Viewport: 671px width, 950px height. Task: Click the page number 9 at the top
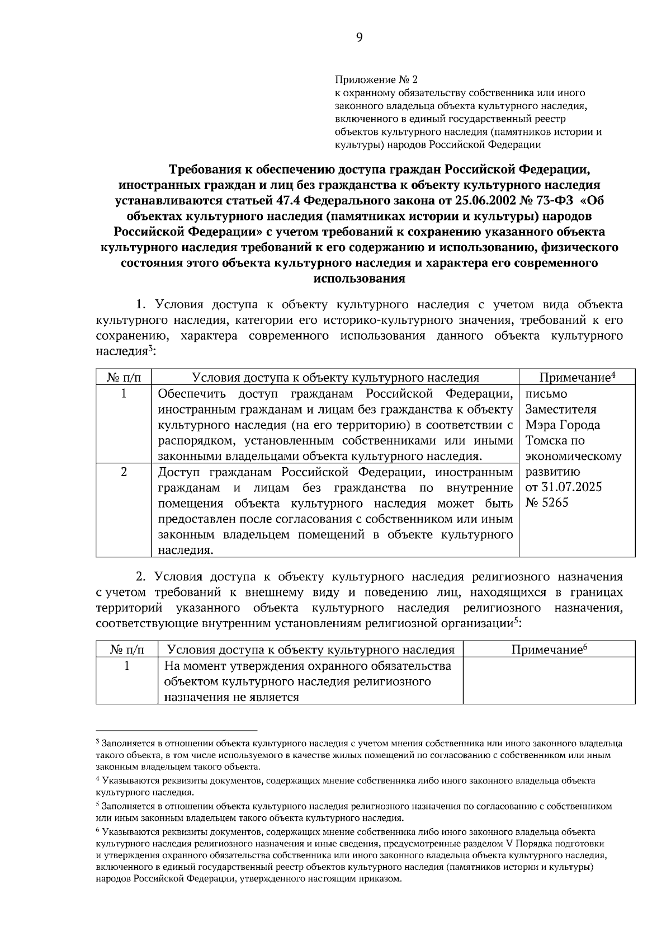tap(359, 37)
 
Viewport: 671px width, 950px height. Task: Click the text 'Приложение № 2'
tap(376, 79)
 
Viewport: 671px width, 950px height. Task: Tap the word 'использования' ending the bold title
tap(359, 279)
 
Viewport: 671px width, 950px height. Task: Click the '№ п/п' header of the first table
tap(124, 378)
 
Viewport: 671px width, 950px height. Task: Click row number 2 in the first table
tap(124, 472)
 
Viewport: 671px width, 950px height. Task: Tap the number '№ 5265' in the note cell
tap(547, 502)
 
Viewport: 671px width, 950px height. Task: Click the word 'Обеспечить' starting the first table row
tap(190, 393)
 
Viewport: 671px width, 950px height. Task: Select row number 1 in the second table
tap(127, 666)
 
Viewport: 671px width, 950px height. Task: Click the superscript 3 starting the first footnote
tap(98, 742)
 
